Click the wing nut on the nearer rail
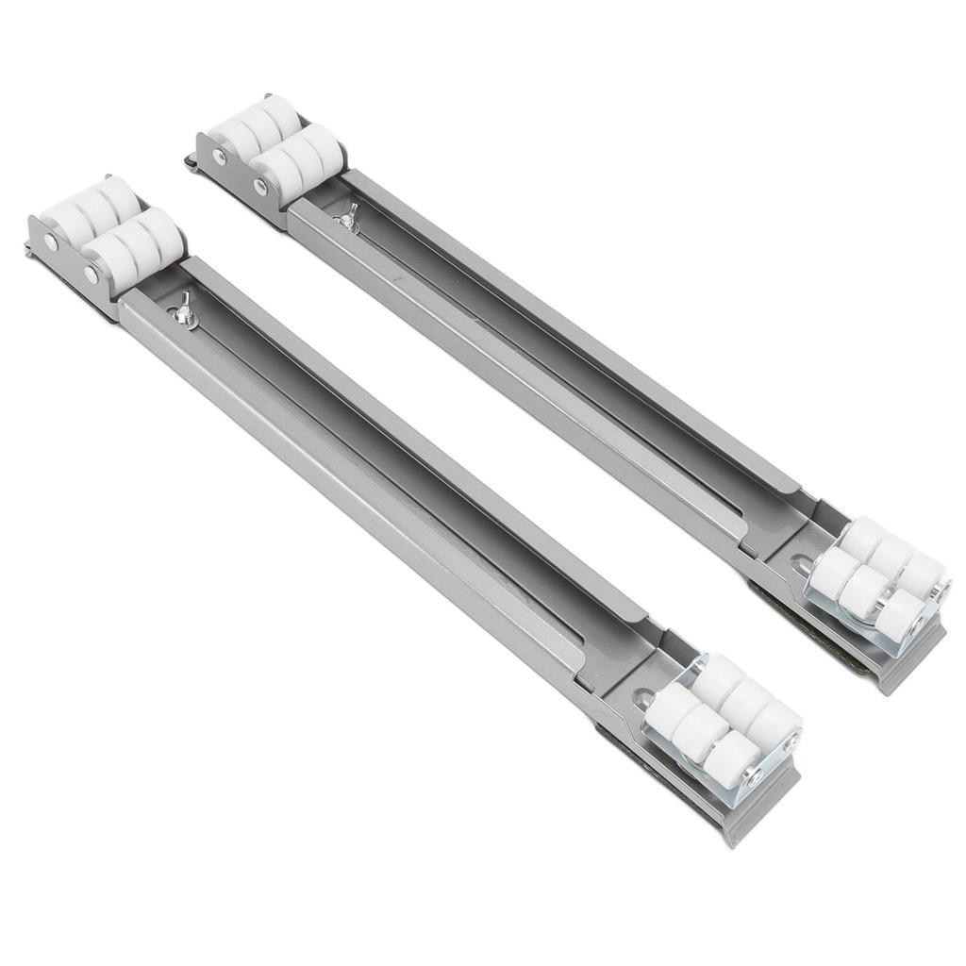pos(185,311)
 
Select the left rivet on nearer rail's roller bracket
pos(49,243)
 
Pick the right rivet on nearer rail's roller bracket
pos(92,275)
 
